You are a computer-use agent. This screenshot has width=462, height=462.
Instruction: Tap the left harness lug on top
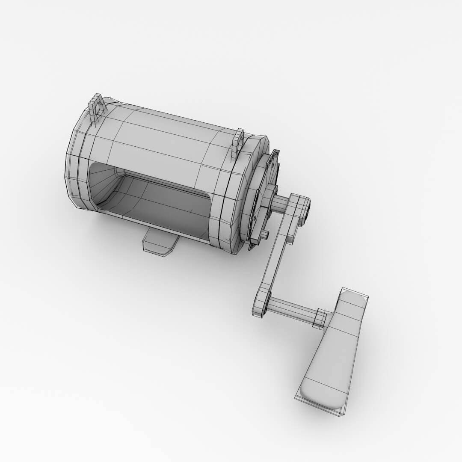coord(96,109)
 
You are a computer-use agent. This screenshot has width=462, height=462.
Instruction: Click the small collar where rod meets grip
coord(320,319)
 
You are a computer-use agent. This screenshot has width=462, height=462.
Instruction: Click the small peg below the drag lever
coord(264,234)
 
